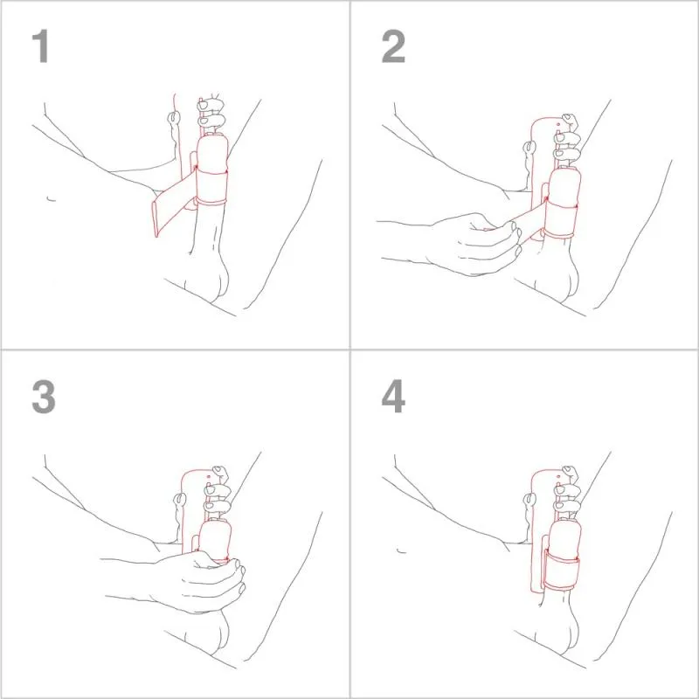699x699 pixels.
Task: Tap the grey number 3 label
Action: point(43,397)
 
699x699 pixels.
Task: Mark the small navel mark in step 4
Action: point(399,550)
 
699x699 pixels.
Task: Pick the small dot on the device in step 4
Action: point(557,484)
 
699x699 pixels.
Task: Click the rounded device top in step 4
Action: point(545,476)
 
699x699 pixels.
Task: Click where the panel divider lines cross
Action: point(350,349)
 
